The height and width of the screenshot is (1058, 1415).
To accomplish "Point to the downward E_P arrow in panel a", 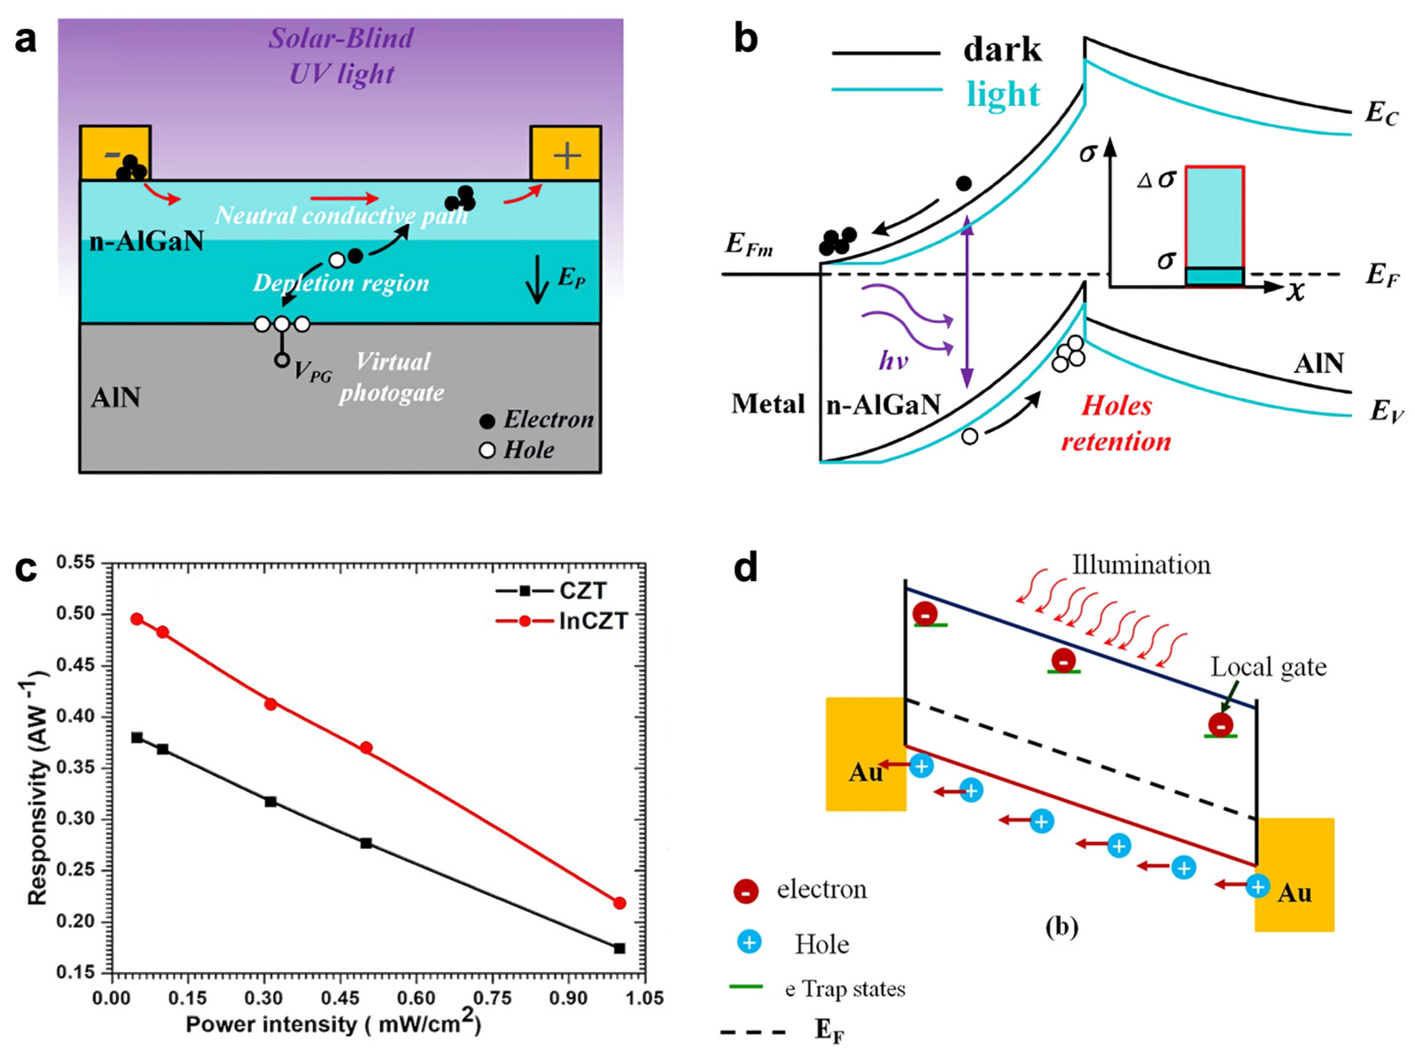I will [x=537, y=280].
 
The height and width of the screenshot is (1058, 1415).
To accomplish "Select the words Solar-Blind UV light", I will [x=341, y=56].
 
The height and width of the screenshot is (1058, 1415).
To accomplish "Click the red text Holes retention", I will [x=1116, y=424].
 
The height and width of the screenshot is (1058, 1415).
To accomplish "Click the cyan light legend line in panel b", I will [x=886, y=90].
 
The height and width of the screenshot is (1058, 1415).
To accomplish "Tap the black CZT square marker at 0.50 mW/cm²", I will [x=366, y=843].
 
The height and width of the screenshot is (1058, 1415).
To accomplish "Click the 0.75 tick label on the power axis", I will [x=492, y=999].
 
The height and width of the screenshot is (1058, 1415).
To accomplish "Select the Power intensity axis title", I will [x=333, y=1025].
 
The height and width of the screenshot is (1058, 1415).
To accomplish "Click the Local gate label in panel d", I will [x=1268, y=668].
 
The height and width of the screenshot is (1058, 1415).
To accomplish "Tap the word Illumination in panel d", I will [x=1141, y=565].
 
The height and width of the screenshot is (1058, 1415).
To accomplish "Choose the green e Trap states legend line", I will [x=746, y=986].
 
